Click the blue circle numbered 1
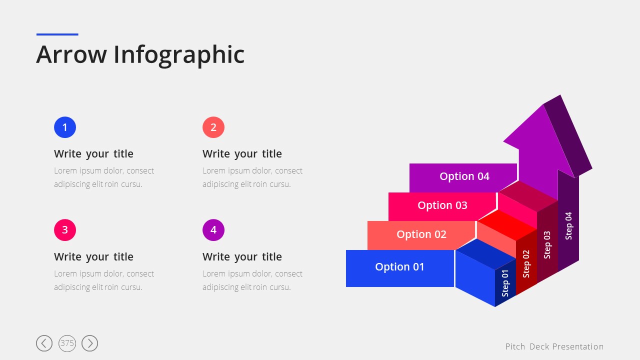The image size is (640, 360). (x=65, y=127)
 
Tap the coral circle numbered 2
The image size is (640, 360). (x=213, y=127)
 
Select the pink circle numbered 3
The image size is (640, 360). (x=65, y=230)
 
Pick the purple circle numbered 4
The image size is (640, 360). (x=213, y=230)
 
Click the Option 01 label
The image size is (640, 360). (x=399, y=267)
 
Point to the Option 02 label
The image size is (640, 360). (x=421, y=234)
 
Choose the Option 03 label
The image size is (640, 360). (x=442, y=205)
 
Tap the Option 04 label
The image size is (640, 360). (x=464, y=176)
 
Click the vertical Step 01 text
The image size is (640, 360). (x=505, y=283)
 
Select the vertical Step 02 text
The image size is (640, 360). (x=526, y=264)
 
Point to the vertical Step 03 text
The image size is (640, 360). (x=547, y=245)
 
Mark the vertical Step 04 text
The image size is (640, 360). (x=568, y=225)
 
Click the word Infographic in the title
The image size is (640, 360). (x=179, y=55)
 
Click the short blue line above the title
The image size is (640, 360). (x=57, y=34)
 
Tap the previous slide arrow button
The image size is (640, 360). (x=44, y=343)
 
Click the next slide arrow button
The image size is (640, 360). (x=89, y=343)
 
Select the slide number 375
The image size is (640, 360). (x=67, y=343)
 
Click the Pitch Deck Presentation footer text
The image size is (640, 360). (x=554, y=346)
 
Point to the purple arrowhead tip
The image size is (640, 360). (x=560, y=95)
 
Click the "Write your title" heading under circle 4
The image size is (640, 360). (x=242, y=257)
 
